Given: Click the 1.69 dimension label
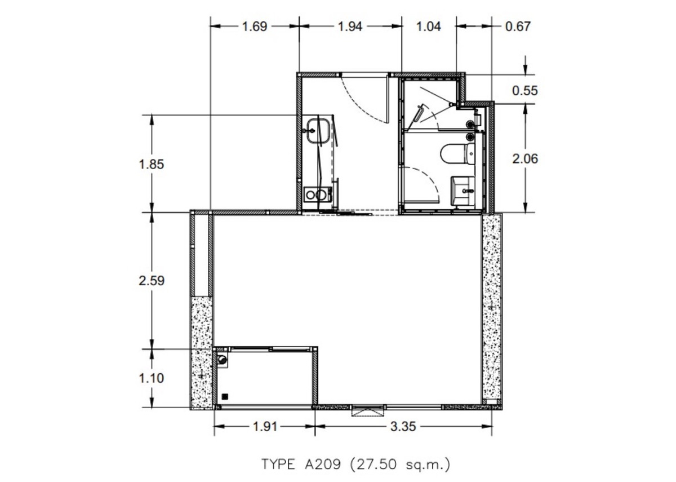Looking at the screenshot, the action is coord(255,26).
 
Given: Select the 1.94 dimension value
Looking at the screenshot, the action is coord(350,26).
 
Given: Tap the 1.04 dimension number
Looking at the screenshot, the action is coord(429,26).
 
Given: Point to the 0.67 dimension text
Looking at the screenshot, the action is coord(518,26).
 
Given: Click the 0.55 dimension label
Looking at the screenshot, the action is coord(525,91).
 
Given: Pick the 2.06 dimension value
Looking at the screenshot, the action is coord(525,159).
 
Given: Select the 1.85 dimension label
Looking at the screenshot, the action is coord(151,164).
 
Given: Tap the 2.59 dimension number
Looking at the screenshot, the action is coord(152,281).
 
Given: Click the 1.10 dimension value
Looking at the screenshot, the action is coord(151,378).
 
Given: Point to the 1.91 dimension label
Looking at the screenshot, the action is coord(265,427).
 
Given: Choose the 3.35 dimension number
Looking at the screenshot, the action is coord(403,427).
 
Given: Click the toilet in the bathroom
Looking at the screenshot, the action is coord(457,154).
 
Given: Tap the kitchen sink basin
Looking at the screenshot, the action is coord(318,131).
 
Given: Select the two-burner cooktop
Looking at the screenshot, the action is coord(318,194).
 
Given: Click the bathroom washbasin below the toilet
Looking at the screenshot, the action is coord(462,191).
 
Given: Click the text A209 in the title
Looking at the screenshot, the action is coord(323,464).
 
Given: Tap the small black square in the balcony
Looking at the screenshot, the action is coord(225,396).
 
